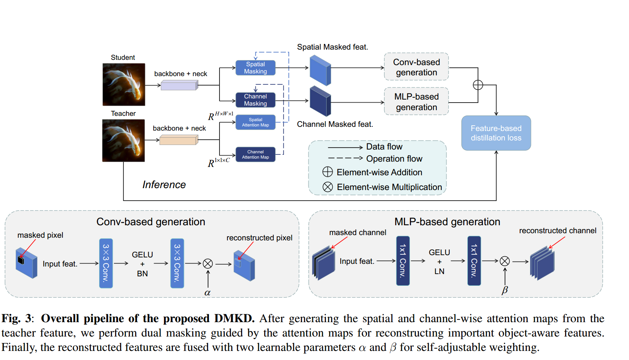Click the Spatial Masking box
pos(255,68)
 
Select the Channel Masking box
pos(255,100)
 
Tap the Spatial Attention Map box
pos(255,122)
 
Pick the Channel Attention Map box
pos(255,154)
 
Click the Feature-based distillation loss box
pos(496,133)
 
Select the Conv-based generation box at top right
pos(416,67)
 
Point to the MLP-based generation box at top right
pos(416,102)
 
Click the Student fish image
pos(124,84)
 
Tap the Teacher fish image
pos(123,140)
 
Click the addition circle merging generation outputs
pos(478,85)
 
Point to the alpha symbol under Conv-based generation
pos(207,293)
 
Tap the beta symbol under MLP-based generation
pos(504,290)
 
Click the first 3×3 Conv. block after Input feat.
pos(106,263)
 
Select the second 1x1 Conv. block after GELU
pos(474,261)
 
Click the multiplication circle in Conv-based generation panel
pos(208,263)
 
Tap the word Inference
pos(164,185)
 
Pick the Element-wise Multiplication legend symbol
pos(328,187)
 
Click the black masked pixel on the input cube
pos(21,260)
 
